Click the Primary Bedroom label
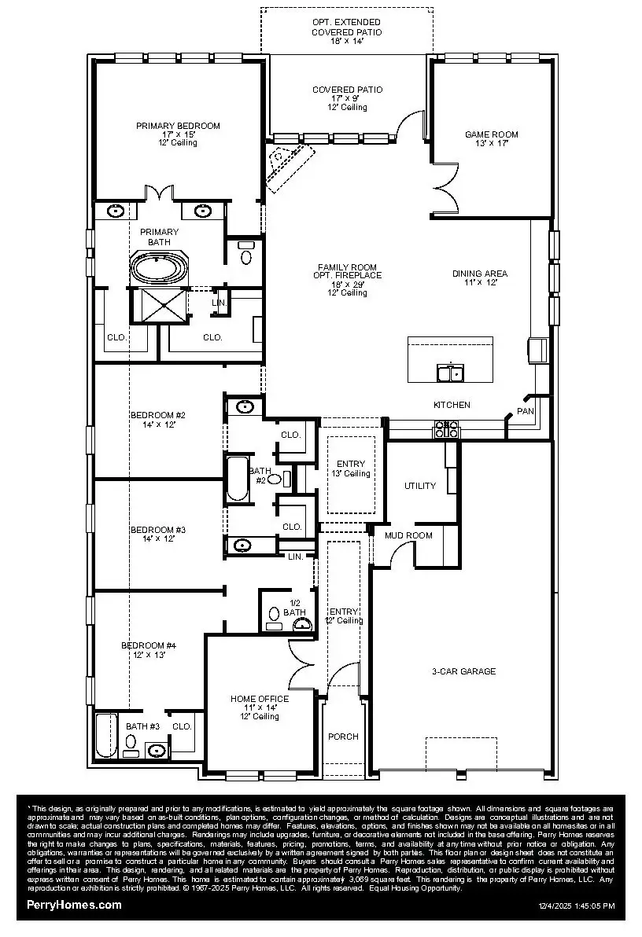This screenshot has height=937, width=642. [x=178, y=126]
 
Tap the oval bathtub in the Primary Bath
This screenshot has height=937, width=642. [x=160, y=268]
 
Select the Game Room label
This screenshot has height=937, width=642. [x=491, y=134]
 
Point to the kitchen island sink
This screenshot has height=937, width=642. [x=450, y=373]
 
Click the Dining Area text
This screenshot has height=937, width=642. [x=480, y=274]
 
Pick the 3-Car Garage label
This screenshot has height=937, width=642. [x=463, y=671]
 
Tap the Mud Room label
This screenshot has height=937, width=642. [x=408, y=535]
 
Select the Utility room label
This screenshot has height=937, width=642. [x=419, y=486]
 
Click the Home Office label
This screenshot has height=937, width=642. [x=260, y=699]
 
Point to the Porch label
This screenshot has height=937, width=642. [x=343, y=737]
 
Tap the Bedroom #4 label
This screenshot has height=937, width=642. [x=148, y=645]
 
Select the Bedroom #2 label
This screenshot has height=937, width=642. [x=157, y=414]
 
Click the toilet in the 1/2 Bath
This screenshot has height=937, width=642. [x=273, y=614]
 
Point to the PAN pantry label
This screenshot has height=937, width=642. [x=525, y=412]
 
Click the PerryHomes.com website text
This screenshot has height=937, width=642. [x=74, y=905]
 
